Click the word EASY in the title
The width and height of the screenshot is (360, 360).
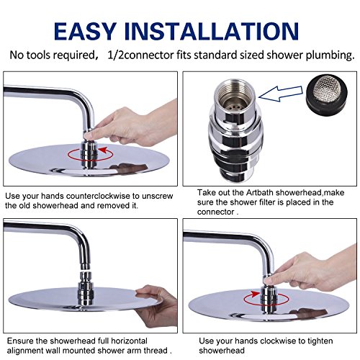click(x=85, y=31)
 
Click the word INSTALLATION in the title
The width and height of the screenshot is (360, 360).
click(x=212, y=31)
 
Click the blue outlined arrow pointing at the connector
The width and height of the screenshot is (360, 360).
click(x=280, y=94)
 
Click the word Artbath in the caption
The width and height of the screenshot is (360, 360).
click(x=260, y=192)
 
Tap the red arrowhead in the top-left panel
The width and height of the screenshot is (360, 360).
click(x=103, y=150)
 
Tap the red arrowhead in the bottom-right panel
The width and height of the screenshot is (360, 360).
click(x=256, y=294)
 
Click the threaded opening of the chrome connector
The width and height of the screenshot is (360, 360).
click(x=233, y=96)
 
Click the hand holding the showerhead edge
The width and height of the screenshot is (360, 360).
click(x=156, y=305)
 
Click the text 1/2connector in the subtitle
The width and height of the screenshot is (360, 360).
click(x=140, y=55)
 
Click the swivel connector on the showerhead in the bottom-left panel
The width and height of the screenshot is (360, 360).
click(x=86, y=289)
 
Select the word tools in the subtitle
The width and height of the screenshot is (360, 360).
click(x=39, y=55)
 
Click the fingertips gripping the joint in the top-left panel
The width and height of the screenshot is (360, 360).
click(x=91, y=134)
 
